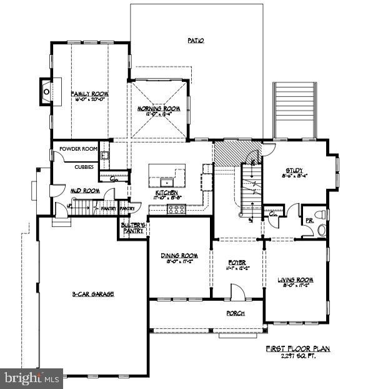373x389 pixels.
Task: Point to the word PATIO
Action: coord(196,41)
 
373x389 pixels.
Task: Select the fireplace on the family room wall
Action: coord(47,91)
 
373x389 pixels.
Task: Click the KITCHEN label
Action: coord(167,193)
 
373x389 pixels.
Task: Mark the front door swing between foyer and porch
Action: coord(237,291)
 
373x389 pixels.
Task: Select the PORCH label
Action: coord(235,313)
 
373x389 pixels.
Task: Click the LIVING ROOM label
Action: coord(295,280)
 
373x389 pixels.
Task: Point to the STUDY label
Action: coord(294,169)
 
